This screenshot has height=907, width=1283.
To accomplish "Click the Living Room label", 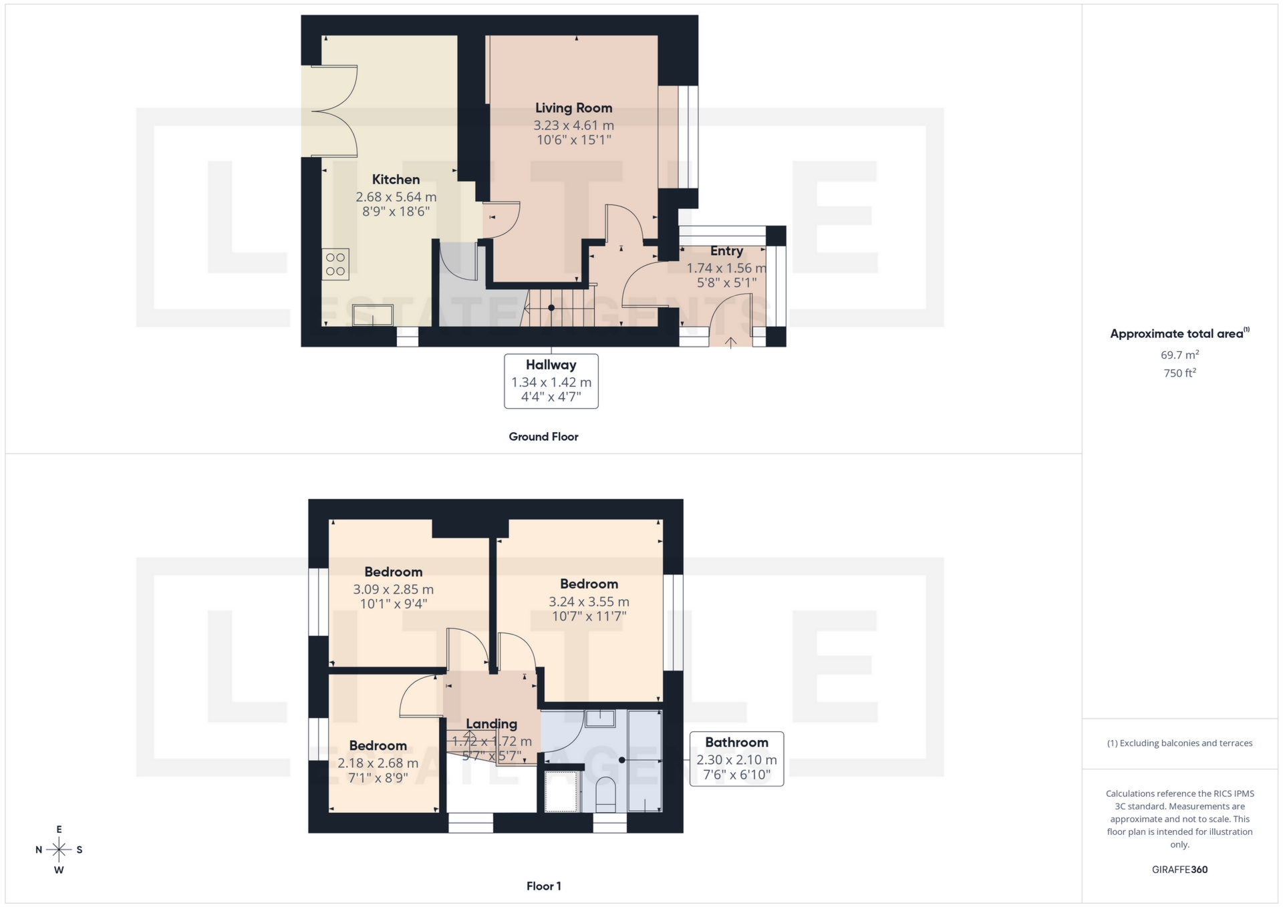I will (x=573, y=108).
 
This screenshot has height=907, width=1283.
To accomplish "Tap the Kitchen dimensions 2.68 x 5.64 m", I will (x=396, y=197).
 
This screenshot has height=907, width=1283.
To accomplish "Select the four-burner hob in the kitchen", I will (x=335, y=264).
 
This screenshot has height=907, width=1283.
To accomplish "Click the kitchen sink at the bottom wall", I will (x=373, y=315).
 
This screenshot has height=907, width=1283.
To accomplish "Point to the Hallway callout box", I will (x=551, y=381).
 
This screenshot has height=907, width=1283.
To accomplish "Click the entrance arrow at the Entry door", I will (x=730, y=343).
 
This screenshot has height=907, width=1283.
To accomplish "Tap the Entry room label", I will (x=726, y=251).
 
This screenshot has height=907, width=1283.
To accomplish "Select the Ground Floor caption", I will (x=543, y=437).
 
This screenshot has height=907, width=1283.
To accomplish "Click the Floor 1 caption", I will (x=543, y=886).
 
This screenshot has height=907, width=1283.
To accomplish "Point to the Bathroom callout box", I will (x=736, y=759).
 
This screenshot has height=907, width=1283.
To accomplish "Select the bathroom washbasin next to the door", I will (x=600, y=719).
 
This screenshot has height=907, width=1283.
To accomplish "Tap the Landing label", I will (x=491, y=724).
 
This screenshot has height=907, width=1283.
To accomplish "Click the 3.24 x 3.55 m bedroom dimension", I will (x=589, y=602).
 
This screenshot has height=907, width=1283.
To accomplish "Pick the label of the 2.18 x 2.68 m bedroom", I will (x=378, y=746).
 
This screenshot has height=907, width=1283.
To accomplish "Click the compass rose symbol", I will (x=59, y=850).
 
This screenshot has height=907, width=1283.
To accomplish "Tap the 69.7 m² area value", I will (x=1179, y=355).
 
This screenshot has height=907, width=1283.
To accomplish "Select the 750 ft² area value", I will (x=1179, y=373).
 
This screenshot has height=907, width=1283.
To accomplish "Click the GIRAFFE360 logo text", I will (x=1179, y=870).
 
